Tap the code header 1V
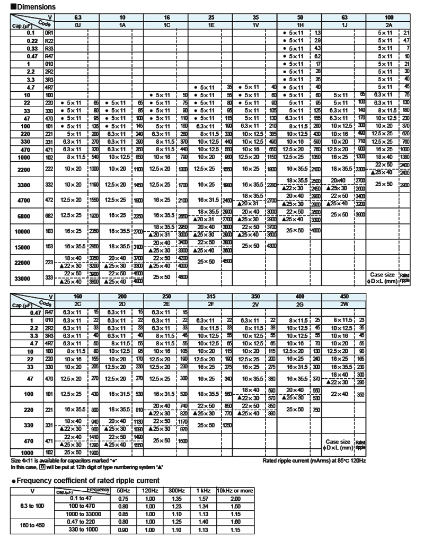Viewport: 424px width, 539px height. [x=257, y=25]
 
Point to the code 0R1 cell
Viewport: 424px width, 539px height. [x=49, y=33]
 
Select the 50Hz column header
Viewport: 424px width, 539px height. [x=123, y=490]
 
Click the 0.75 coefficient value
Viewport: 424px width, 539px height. [x=123, y=498]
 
